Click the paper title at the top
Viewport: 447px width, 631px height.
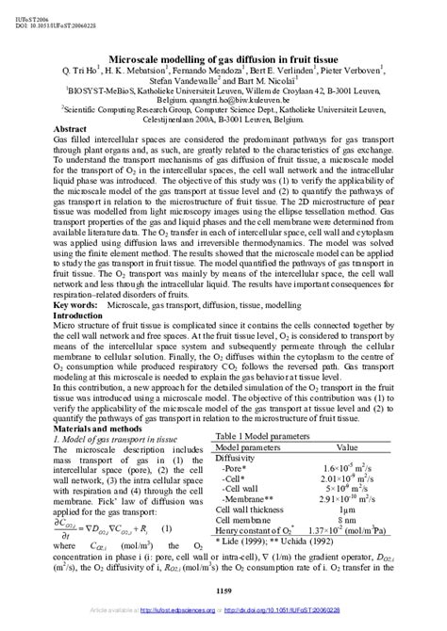[223, 57]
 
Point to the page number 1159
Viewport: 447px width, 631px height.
[223, 590]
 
